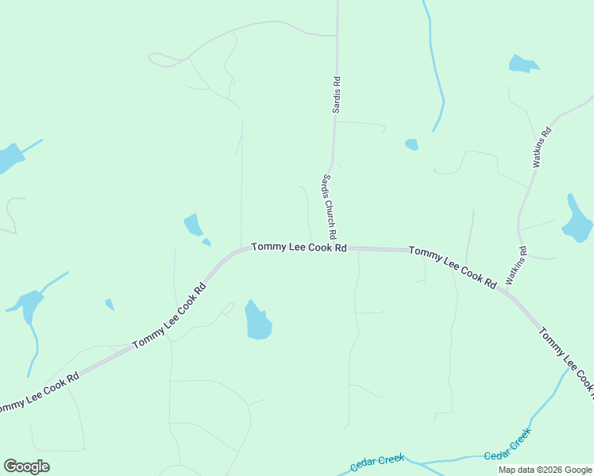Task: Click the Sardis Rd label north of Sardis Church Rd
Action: click(x=337, y=94)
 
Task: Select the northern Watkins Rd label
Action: click(x=542, y=147)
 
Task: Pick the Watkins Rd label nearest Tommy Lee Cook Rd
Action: click(x=517, y=266)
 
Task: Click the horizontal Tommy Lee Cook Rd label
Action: click(x=299, y=248)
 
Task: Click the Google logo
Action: click(x=26, y=466)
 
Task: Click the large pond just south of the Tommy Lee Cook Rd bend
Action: click(x=257, y=321)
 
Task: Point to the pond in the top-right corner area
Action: click(x=523, y=64)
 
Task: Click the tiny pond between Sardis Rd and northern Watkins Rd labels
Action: click(x=411, y=144)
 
